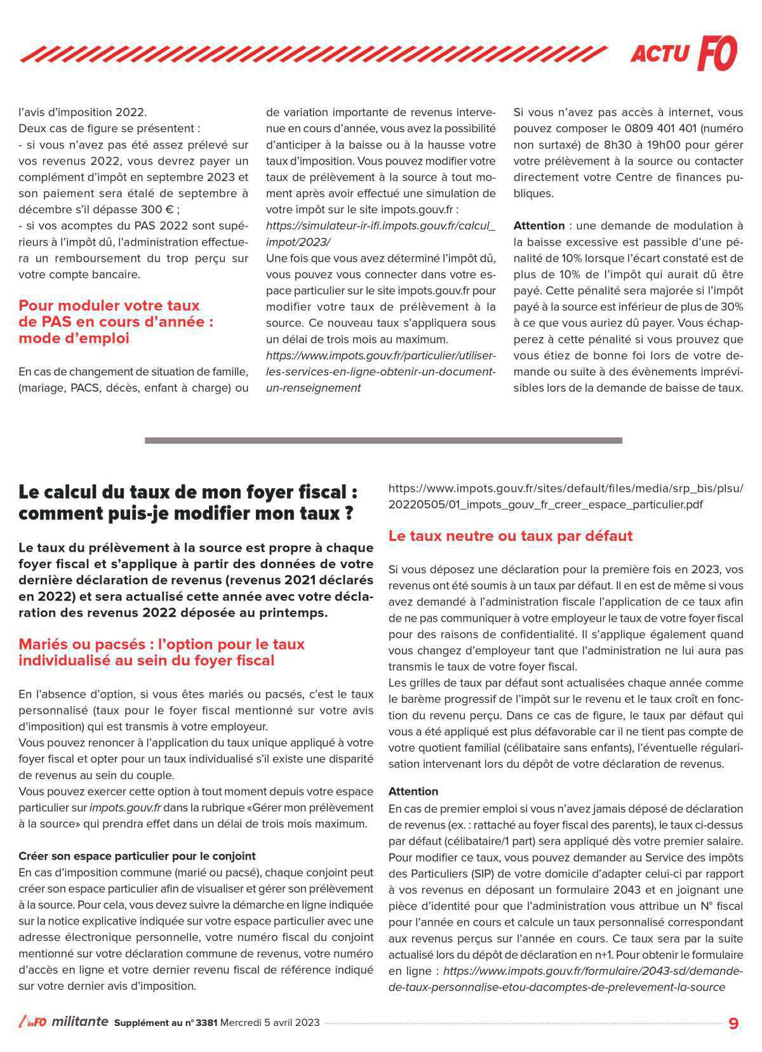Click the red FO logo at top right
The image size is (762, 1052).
point(717,53)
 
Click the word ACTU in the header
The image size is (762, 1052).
point(659,55)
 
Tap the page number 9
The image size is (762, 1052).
point(733,1023)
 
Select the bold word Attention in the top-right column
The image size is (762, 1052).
point(538,225)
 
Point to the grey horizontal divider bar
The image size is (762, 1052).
point(383,440)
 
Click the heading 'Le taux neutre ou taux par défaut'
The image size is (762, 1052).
point(510,536)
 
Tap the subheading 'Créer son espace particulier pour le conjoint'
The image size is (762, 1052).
point(137,856)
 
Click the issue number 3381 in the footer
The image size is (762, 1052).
point(206,1023)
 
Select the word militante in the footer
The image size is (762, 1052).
point(79,1022)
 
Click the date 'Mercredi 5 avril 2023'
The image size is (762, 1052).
point(270,1023)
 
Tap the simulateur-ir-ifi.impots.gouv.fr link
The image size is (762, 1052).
point(380,226)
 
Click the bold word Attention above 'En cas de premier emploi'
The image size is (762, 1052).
point(413,792)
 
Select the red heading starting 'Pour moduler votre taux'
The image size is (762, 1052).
point(116,321)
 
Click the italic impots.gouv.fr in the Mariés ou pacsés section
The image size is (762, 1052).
point(125,808)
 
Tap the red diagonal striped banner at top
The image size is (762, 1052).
point(311,54)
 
